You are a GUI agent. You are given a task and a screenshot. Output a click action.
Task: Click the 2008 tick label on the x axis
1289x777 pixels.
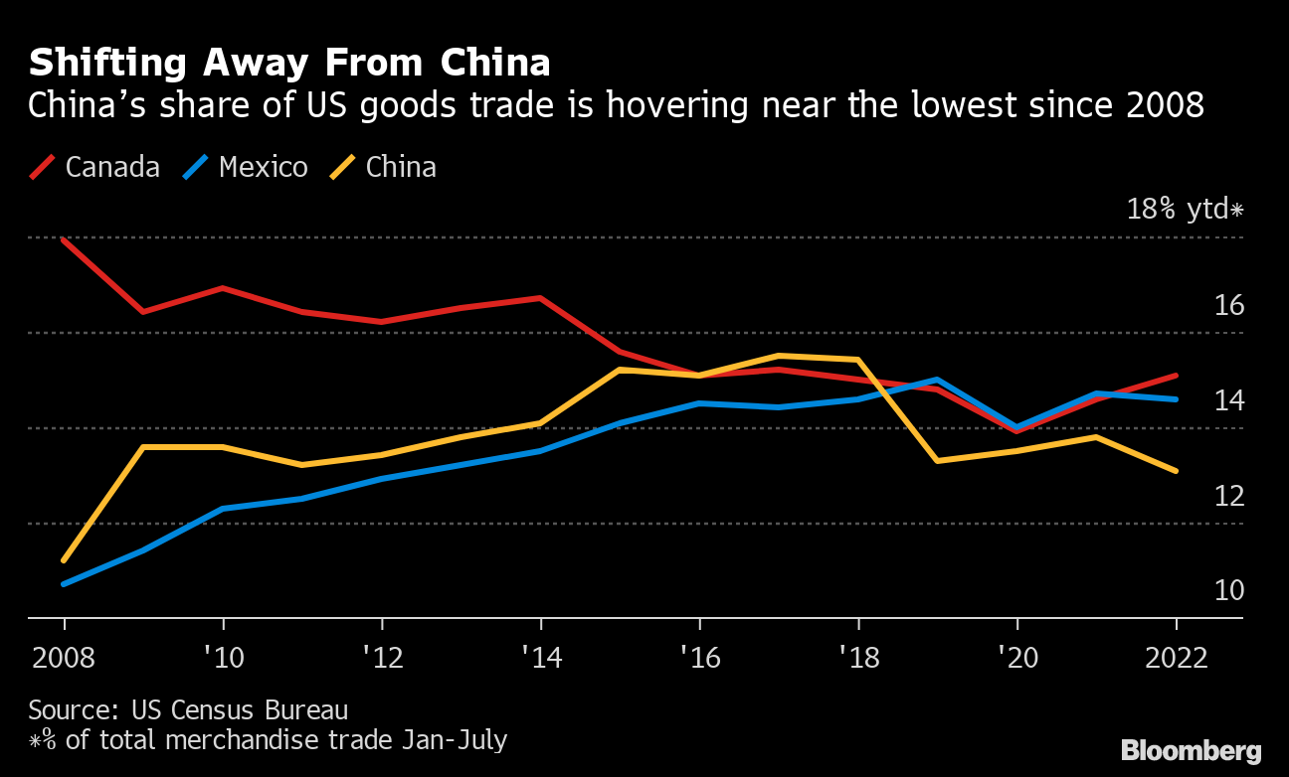point(64,658)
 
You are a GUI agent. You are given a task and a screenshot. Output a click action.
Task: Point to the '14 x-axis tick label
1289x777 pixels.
point(540,658)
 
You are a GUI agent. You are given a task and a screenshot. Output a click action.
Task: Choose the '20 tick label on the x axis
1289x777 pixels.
point(1016,658)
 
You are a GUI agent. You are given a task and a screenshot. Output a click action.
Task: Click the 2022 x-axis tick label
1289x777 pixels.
point(1176,658)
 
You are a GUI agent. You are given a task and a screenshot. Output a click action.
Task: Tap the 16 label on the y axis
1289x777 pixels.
point(1229,305)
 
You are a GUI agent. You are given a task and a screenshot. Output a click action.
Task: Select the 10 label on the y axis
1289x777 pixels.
point(1229,591)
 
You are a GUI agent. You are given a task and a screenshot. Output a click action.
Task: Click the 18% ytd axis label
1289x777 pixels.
point(1185,210)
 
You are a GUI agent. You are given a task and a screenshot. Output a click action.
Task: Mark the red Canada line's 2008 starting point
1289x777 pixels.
point(65,239)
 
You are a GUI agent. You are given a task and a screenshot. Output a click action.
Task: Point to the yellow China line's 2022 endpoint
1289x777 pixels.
point(1176,471)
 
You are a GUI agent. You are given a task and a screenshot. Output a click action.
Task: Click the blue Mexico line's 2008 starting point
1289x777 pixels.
point(65,584)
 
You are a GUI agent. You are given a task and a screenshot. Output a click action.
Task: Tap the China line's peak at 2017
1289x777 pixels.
point(778,356)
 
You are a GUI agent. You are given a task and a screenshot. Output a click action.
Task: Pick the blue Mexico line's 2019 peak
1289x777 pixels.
point(937,380)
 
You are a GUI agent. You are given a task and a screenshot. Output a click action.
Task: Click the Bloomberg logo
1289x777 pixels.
point(1191,751)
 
